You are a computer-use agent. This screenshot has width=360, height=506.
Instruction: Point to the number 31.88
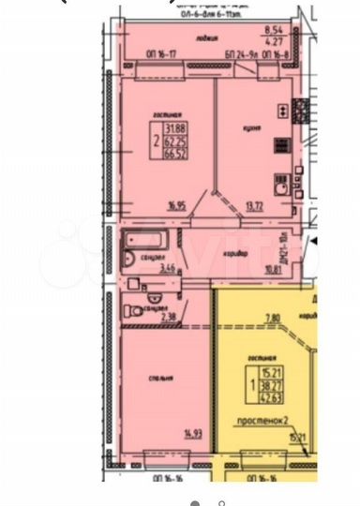coord(175,128)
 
